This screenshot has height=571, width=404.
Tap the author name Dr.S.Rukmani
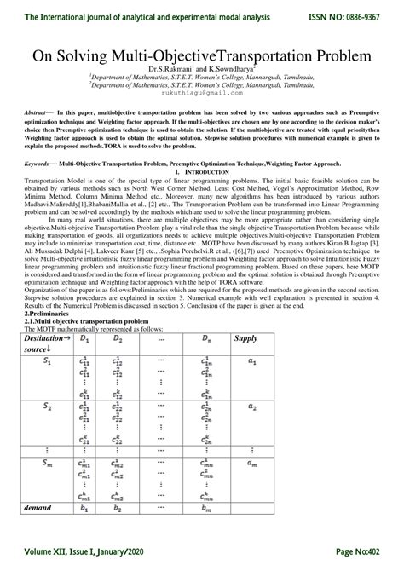click(172, 69)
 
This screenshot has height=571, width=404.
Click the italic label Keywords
click(39, 162)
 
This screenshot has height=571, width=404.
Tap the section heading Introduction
click(206, 171)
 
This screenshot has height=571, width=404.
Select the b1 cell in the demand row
click(83, 509)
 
